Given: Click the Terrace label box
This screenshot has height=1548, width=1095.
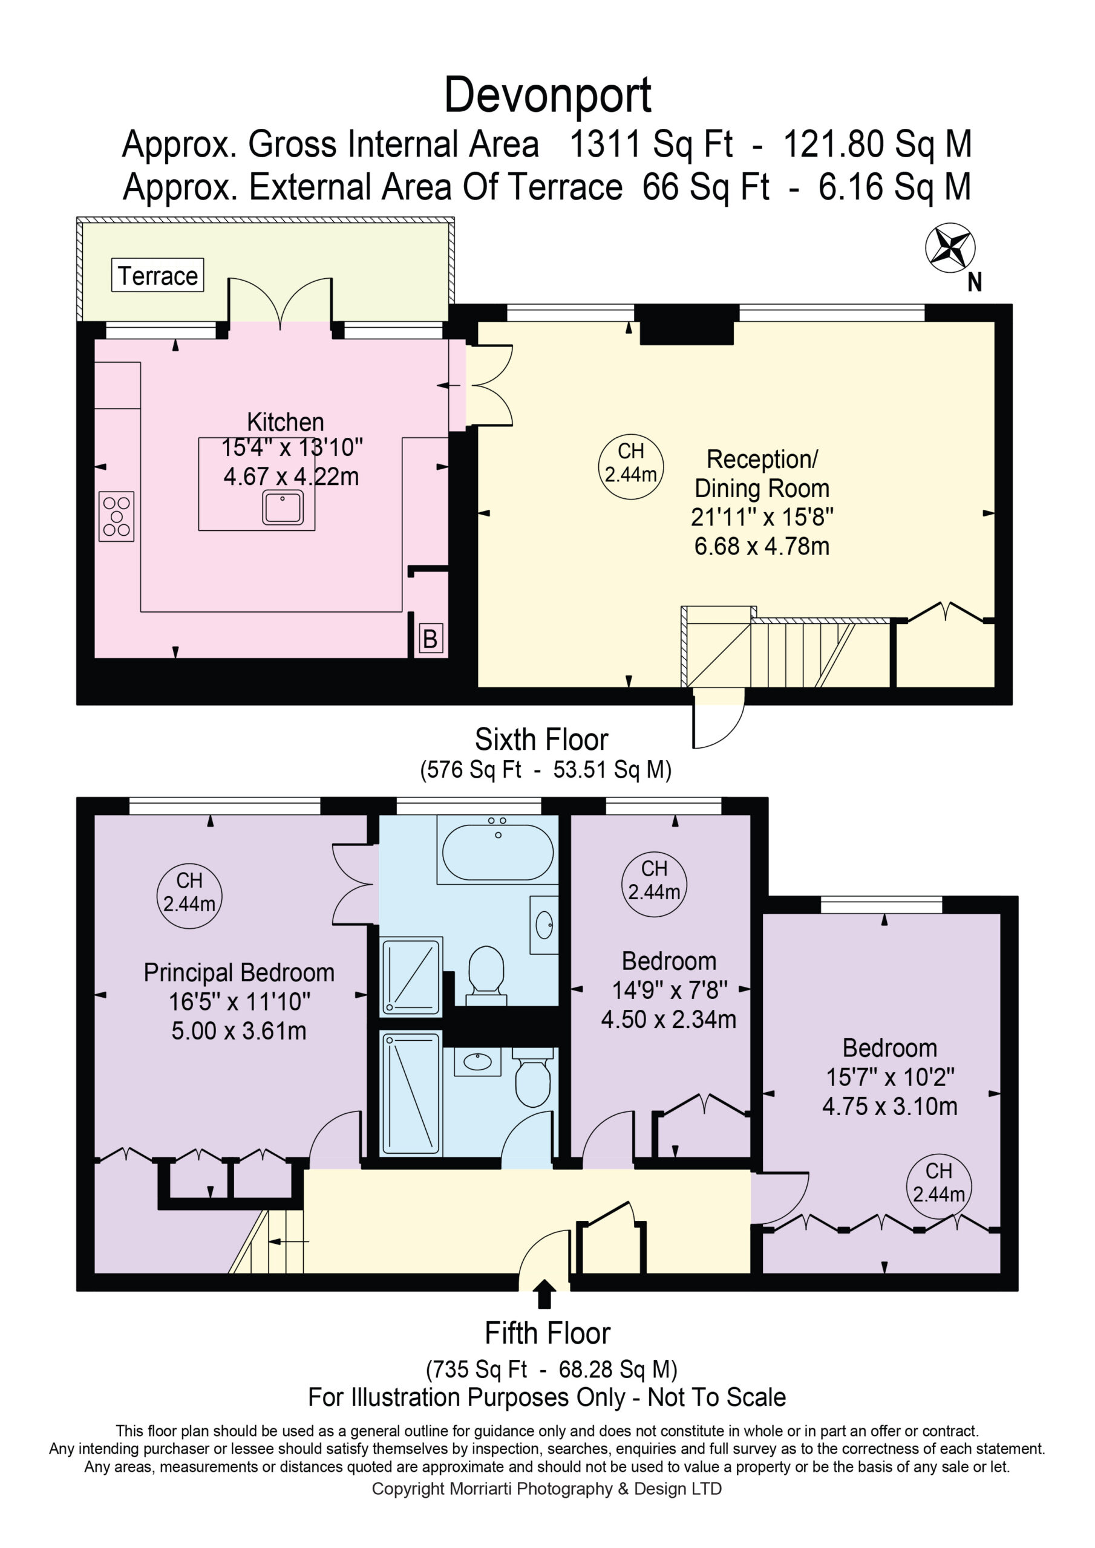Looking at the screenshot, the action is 157,275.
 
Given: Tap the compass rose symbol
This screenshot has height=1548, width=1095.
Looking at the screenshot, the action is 949,248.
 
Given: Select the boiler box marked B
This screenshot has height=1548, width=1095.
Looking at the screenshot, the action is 431,638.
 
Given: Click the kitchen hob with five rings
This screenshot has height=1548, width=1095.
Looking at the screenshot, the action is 116,516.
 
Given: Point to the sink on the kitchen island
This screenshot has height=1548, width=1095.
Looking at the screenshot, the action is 283,507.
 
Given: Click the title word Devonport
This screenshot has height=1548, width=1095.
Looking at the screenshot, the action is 547,95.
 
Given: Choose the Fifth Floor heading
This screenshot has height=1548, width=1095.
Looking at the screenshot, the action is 547,1333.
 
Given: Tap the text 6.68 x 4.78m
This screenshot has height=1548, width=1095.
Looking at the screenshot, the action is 762,546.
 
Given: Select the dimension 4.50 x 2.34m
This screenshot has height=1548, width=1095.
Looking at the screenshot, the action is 668,1020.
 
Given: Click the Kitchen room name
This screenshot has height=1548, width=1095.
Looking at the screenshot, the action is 286,422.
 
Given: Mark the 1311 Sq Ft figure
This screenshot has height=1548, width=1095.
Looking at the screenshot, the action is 651,145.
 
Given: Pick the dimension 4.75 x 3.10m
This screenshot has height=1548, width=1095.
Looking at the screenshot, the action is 889,1107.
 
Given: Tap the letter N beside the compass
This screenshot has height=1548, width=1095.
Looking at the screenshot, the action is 974,282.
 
